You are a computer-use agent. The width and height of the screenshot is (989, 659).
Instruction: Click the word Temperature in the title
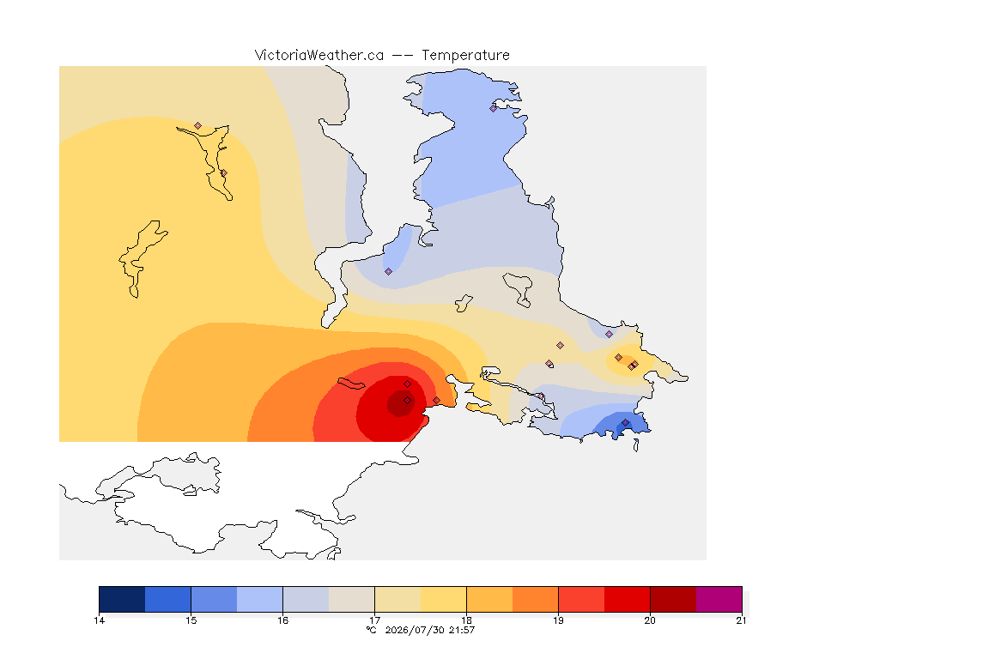[465, 56]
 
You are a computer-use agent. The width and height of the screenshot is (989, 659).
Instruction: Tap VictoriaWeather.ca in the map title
[319, 56]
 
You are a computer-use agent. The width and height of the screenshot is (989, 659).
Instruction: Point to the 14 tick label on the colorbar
[99, 620]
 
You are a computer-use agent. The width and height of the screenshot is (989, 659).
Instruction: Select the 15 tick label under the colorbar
[191, 620]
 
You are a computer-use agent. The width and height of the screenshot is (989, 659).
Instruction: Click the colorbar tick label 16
[282, 620]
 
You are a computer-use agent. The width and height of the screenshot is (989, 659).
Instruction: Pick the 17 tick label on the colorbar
[374, 620]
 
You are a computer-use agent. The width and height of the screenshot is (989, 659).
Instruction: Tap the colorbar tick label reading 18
[467, 620]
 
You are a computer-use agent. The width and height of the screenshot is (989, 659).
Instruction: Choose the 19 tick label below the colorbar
[558, 620]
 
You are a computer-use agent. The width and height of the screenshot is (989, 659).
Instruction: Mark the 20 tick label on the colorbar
[650, 620]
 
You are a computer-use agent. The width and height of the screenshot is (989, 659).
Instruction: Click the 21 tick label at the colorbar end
[741, 620]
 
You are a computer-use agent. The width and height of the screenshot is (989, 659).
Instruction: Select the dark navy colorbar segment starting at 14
[123, 599]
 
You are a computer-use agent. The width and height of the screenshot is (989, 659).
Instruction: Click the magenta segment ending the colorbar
[719, 599]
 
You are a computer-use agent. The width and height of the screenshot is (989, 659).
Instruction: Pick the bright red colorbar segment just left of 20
[627, 599]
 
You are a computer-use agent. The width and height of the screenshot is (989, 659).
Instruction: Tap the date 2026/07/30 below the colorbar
[415, 630]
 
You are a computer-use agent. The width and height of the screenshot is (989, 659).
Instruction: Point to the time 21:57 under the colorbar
[462, 630]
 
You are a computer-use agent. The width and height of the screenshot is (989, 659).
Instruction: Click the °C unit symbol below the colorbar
[372, 630]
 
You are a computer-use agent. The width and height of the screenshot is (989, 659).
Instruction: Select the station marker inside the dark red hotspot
[408, 401]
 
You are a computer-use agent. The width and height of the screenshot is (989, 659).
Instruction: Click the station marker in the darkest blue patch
[625, 422]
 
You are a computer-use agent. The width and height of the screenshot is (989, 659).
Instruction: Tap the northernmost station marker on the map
[494, 108]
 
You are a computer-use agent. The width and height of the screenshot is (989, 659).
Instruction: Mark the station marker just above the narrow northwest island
[198, 126]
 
